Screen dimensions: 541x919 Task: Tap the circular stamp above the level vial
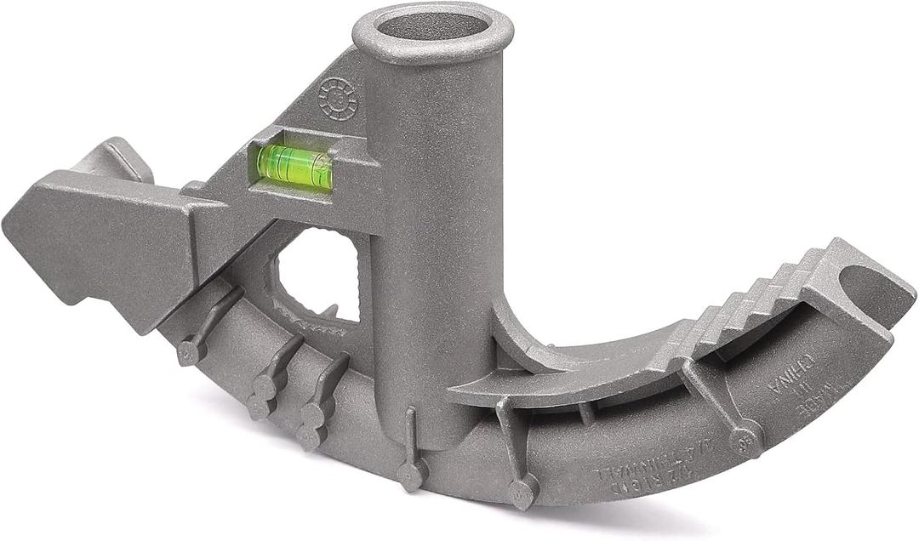338,99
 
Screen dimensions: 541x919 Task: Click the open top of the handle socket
432,28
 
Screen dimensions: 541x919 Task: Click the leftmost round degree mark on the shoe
191,352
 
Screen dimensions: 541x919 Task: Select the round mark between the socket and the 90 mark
521,491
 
